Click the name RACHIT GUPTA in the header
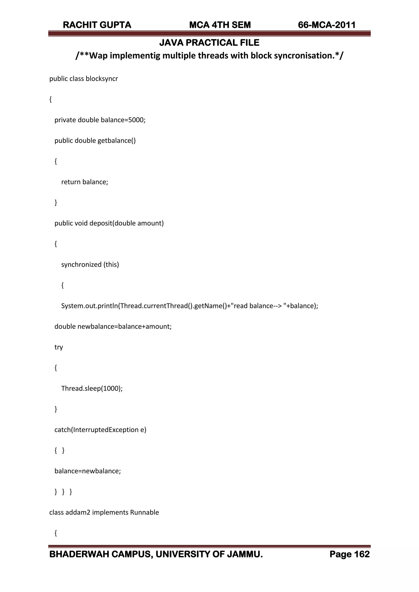point(97,25)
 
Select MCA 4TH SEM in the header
point(220,25)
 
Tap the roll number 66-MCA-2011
point(327,25)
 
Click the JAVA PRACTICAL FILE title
point(209,43)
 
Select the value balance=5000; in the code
point(123,120)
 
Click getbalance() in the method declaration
point(117,141)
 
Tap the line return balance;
point(85,182)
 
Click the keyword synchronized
point(81,265)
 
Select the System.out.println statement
point(190,306)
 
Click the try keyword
point(59,347)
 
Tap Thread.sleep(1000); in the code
point(92,388)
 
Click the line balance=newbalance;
point(88,471)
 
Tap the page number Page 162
point(349,554)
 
